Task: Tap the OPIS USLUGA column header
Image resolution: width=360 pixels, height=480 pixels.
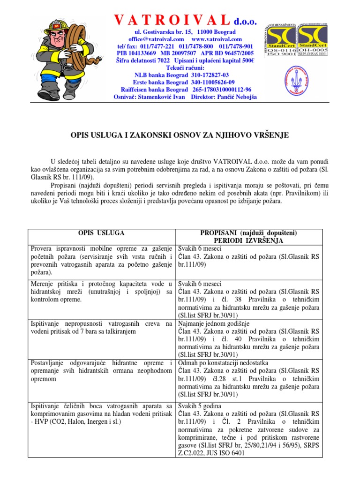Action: tap(101, 232)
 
